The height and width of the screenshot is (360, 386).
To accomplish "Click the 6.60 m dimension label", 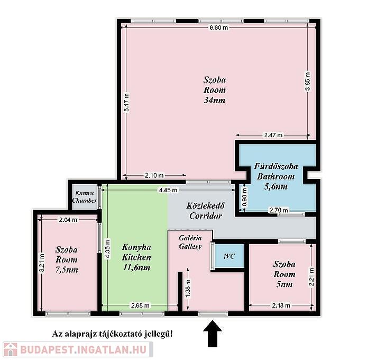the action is coord(218,28).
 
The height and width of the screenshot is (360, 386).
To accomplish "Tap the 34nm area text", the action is coord(215,100).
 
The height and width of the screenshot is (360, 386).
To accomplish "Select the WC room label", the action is coord(229,256).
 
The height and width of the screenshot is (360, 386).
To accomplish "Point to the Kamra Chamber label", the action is coord(85,197).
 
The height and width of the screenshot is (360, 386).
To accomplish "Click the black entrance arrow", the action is coord(213,334).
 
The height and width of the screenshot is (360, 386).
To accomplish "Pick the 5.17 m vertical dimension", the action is coord(126,102).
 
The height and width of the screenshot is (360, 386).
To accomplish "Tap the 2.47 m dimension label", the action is coord(273,135).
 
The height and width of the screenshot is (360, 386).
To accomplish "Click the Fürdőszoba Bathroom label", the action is coord(275,171).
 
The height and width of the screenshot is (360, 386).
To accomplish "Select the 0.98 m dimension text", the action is coord(244,197).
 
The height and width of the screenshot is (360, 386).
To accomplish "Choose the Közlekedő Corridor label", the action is coord(206,211).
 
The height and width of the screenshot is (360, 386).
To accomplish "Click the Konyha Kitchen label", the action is coord(136,252).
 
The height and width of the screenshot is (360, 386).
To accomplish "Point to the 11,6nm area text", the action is coord(136,267).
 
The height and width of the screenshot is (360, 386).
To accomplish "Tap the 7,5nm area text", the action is coord(67,270).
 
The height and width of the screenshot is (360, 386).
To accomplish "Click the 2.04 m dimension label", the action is coord(68,220).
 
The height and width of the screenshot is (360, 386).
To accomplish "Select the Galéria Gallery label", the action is coord(190,242).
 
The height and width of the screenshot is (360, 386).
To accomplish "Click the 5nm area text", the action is coord(284,285).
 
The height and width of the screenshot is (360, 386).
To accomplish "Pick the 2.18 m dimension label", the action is coord(281,305).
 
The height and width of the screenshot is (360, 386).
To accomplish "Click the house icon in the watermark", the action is coord(11,349).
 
